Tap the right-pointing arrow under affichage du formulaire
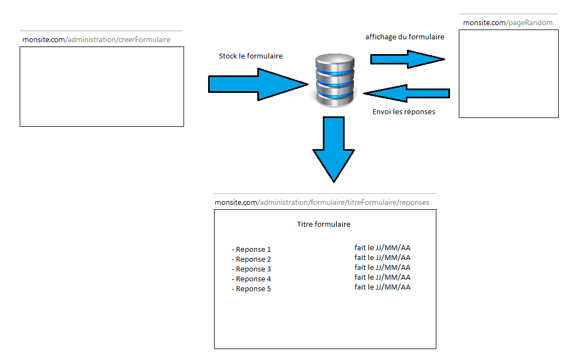[407, 59]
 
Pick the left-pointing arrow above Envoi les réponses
[407, 93]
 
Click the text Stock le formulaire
[251, 56]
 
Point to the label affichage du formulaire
[405, 37]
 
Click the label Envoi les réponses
[404, 112]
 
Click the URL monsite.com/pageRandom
[507, 22]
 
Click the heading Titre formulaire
[323, 224]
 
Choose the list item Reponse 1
[252, 250]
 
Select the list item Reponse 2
[252, 259]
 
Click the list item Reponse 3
[252, 269]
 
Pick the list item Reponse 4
[252, 279]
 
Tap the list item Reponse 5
[252, 289]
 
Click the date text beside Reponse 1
[382, 248]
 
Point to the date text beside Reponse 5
[382, 287]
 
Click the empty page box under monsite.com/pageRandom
[508, 74]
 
